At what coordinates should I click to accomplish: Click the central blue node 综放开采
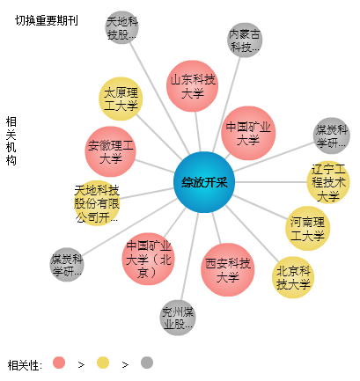pyautogui.click(x=204, y=182)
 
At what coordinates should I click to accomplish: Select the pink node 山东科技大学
pyautogui.click(x=192, y=86)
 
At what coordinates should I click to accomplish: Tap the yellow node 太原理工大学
pyautogui.click(x=121, y=99)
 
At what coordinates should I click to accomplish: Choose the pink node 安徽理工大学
pyautogui.click(x=111, y=151)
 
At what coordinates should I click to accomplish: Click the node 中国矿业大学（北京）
pyautogui.click(x=148, y=259)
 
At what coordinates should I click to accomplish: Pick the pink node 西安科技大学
pyautogui.click(x=228, y=269)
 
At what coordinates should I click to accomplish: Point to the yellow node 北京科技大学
pyautogui.click(x=293, y=277)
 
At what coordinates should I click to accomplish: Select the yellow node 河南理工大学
pyautogui.click(x=307, y=229)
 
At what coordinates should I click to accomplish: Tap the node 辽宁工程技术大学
pyautogui.click(x=328, y=182)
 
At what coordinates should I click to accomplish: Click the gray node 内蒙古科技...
pyautogui.click(x=245, y=40)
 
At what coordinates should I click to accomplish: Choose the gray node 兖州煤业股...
pyautogui.click(x=178, y=318)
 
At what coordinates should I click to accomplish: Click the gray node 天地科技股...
pyautogui.click(x=122, y=27)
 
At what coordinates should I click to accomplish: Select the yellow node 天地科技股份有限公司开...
pyautogui.click(x=97, y=203)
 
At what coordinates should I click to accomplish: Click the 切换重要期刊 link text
pyautogui.click(x=47, y=20)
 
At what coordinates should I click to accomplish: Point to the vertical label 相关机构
pyautogui.click(x=11, y=141)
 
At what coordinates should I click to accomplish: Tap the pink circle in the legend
pyautogui.click(x=59, y=363)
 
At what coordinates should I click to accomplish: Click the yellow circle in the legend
pyautogui.click(x=103, y=363)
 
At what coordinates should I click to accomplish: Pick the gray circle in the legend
pyautogui.click(x=147, y=363)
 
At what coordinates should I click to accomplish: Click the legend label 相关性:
pyautogui.click(x=25, y=365)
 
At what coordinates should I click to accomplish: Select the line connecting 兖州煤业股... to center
pyautogui.click(x=189, y=257)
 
